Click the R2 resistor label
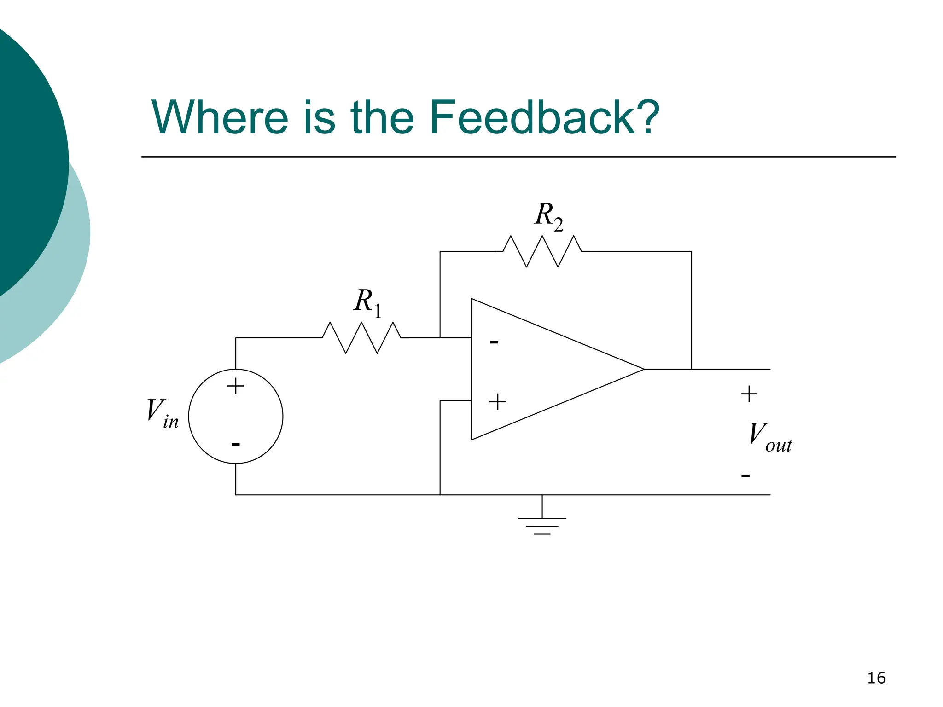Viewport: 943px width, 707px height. click(x=548, y=216)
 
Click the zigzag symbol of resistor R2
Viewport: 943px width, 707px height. click(x=542, y=251)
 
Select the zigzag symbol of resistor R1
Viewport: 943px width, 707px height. click(x=362, y=338)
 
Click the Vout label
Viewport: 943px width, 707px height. click(x=769, y=437)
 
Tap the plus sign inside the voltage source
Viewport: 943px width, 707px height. click(x=235, y=386)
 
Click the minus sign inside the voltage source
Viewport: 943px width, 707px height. click(x=235, y=444)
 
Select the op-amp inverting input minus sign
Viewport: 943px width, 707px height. click(x=494, y=342)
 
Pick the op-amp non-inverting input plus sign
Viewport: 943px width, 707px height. click(x=497, y=402)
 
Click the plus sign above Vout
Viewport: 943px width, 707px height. click(x=749, y=394)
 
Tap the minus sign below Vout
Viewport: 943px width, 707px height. click(x=745, y=475)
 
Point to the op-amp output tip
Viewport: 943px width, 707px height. click(x=643, y=369)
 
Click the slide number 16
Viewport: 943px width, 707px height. click(x=876, y=678)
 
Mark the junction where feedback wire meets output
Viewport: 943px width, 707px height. click(x=691, y=369)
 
